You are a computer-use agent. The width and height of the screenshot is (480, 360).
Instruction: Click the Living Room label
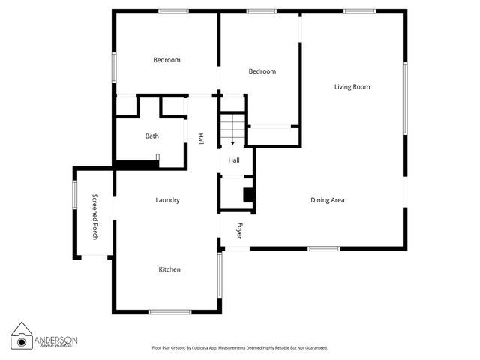(x=352, y=87)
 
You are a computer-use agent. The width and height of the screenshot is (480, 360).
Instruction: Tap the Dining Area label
(x=328, y=200)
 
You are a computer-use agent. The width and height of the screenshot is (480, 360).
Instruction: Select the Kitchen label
(x=169, y=269)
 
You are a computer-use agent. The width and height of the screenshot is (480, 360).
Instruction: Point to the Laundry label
(x=167, y=200)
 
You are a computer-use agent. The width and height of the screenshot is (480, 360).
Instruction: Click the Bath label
(x=151, y=136)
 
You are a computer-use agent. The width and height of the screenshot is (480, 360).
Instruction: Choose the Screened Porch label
(x=95, y=217)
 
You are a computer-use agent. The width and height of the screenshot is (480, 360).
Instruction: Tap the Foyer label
(x=240, y=230)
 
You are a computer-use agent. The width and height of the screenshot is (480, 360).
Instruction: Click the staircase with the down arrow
(x=233, y=130)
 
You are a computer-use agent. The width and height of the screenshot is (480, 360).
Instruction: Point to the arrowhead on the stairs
(x=233, y=143)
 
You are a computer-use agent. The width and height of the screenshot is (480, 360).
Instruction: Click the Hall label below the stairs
(x=234, y=160)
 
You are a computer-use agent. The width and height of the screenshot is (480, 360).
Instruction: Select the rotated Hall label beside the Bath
(x=201, y=139)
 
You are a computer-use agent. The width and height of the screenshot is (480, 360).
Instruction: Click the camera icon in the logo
(x=22, y=342)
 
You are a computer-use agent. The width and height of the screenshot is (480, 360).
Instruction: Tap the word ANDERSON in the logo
(x=55, y=340)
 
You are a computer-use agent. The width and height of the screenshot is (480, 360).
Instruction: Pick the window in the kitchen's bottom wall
(x=170, y=312)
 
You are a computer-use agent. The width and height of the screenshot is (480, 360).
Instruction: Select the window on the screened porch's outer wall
(x=75, y=195)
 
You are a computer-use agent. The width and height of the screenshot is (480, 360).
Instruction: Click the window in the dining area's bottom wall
(x=323, y=248)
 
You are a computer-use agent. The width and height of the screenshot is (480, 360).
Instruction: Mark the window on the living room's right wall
(x=405, y=98)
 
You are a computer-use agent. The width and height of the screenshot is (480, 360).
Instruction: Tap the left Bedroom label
(x=166, y=60)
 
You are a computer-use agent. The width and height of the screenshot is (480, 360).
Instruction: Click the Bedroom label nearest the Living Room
(x=262, y=71)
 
